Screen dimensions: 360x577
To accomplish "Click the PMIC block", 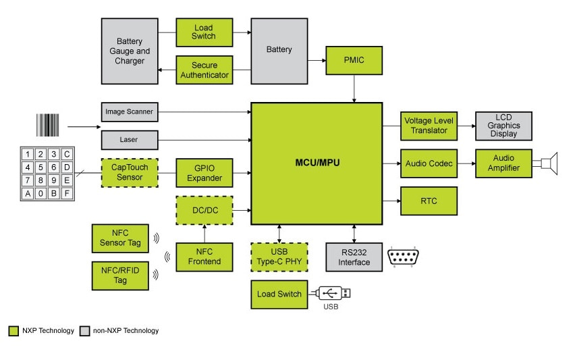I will tap(354, 61).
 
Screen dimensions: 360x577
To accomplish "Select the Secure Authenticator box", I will tap(204, 70).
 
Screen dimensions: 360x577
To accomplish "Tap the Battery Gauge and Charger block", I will tap(130, 51).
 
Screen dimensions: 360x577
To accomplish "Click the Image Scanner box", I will tap(129, 111).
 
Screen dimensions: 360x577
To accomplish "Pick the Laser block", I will tap(129, 140).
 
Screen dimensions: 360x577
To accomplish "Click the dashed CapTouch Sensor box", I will tap(129, 173).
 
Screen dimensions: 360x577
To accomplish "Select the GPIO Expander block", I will tap(204, 173).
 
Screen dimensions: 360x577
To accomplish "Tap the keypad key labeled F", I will tap(66, 194).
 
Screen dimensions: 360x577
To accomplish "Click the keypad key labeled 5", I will tap(40, 167).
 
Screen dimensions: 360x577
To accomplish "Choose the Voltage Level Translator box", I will tap(428, 126).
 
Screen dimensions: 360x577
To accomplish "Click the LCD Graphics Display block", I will tap(503, 126).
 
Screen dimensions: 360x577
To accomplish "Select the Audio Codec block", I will tap(428, 163).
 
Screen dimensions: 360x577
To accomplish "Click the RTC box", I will tap(428, 201).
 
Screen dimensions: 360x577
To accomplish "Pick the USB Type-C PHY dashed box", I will tap(279, 257).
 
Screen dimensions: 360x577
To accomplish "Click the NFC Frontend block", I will tap(204, 257).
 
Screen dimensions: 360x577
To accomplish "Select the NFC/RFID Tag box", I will tap(120, 276).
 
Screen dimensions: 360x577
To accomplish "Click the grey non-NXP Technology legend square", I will tap(84, 331).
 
